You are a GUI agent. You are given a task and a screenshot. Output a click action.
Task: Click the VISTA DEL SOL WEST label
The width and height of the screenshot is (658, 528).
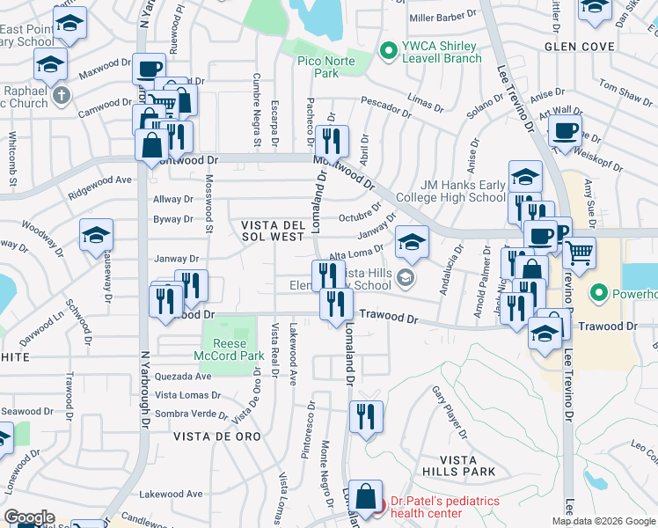point(274,231)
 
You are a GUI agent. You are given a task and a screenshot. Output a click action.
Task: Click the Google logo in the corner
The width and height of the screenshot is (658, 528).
point(30,517)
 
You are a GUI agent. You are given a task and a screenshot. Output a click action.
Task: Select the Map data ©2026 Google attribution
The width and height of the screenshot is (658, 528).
point(603,521)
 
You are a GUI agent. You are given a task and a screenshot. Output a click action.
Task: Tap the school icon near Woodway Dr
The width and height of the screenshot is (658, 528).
point(96,235)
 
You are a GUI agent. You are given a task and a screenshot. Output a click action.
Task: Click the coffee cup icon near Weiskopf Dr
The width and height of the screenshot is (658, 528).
point(565,132)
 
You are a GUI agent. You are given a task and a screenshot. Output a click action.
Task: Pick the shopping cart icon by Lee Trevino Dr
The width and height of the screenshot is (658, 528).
point(579,253)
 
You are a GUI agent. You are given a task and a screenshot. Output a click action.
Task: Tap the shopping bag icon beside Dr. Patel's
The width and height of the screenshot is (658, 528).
point(365,496)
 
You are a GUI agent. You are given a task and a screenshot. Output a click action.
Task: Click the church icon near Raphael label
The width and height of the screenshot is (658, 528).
point(60,94)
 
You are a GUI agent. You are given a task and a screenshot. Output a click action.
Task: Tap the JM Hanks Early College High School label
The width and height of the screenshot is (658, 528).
point(451,191)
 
